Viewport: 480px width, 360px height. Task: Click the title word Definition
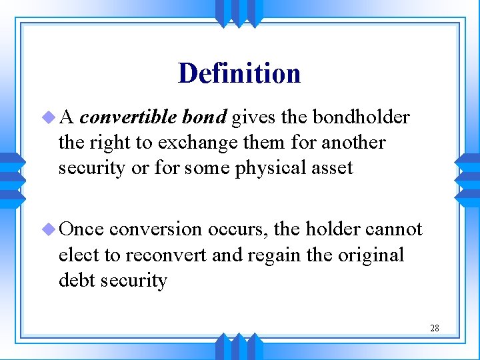239,73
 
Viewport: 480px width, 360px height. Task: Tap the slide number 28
434,328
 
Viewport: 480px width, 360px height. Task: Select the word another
353,143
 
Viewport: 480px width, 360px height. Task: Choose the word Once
81,229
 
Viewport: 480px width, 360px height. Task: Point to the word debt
75,280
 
